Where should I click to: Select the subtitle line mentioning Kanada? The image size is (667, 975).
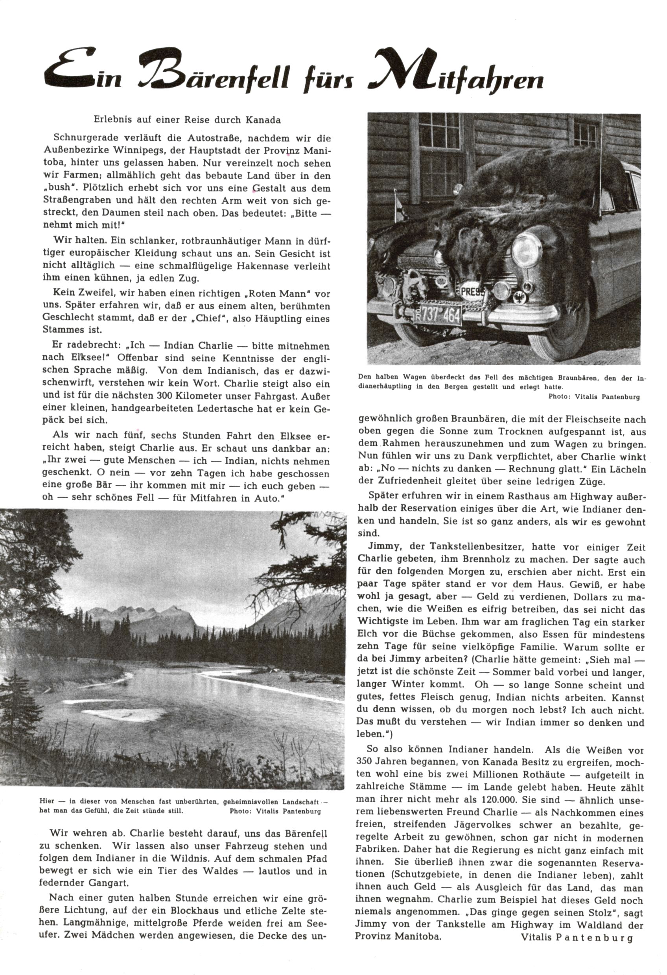[x=187, y=120]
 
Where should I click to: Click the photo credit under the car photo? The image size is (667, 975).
[x=593, y=396]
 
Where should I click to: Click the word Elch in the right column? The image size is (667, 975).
[x=367, y=634]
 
